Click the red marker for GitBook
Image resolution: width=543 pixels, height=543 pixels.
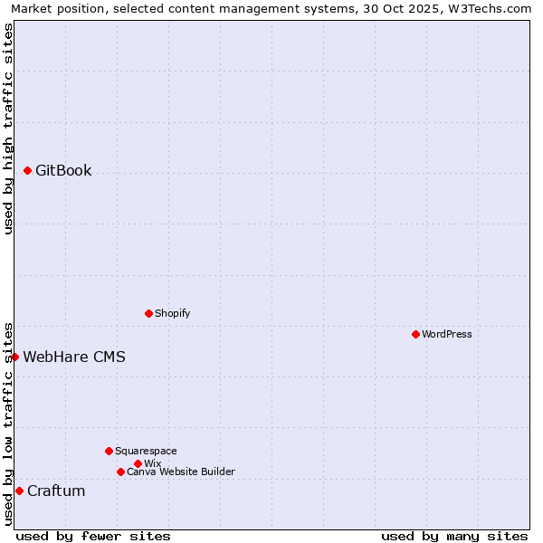click(x=28, y=170)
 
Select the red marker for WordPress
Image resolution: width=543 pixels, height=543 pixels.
click(x=415, y=334)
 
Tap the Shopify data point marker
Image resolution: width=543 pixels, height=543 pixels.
click(x=148, y=313)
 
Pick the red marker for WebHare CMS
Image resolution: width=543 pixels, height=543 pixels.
click(x=15, y=357)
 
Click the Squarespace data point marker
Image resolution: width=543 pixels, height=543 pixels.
click(x=109, y=451)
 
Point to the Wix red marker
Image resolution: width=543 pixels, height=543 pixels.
click(x=138, y=463)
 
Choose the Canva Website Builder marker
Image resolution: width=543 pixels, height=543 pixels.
click(x=120, y=472)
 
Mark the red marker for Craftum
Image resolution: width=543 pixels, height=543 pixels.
click(x=19, y=491)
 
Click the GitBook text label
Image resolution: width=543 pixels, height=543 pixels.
click(x=63, y=170)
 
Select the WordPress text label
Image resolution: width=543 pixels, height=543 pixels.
click(x=447, y=334)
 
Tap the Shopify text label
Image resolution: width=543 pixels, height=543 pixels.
click(x=173, y=313)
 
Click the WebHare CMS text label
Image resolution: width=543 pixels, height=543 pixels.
click(x=74, y=357)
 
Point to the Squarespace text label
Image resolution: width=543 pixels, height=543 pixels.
click(x=146, y=451)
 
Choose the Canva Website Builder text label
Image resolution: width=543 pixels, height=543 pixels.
click(x=181, y=472)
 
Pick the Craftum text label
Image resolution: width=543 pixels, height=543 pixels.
click(x=56, y=491)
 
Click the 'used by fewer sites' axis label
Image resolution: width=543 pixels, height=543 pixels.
click(x=93, y=536)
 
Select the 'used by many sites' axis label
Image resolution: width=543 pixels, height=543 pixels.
click(x=454, y=536)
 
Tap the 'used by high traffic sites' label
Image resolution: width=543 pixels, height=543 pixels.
click(x=8, y=129)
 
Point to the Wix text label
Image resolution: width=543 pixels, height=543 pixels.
click(x=152, y=463)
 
